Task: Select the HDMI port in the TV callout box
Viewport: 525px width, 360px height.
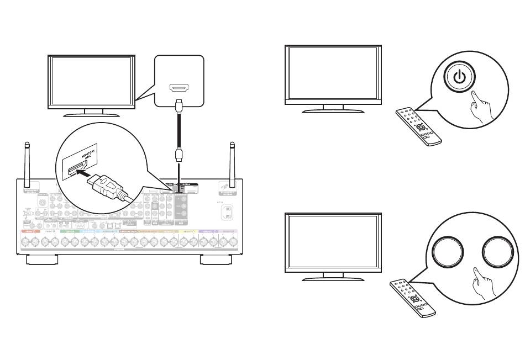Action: tap(179, 89)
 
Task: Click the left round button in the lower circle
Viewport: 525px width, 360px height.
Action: tap(450, 252)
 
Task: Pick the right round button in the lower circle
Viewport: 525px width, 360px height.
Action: tap(498, 252)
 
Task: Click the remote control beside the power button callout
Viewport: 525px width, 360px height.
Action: tap(418, 127)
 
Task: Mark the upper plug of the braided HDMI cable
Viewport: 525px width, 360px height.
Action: tap(179, 105)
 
